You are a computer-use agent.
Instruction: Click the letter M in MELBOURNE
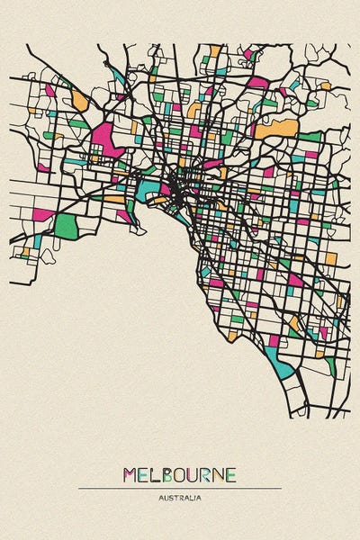pos(128,474)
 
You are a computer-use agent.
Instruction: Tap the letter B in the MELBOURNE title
pos(166,474)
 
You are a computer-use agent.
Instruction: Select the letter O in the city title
pos(180,474)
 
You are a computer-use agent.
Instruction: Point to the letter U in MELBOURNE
pos(194,474)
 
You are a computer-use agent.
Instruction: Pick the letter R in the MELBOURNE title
pos(208,474)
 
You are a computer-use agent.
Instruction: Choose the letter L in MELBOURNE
pos(154,474)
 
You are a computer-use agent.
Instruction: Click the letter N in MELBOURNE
pos(220,474)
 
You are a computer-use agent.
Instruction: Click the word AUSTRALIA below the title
pos(180,497)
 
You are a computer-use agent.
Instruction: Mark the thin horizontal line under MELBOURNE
pos(180,488)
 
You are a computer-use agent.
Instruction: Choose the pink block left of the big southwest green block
pos(43,215)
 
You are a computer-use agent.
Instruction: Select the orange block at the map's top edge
pos(215,50)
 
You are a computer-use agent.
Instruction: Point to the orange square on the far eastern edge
pos(330,259)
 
